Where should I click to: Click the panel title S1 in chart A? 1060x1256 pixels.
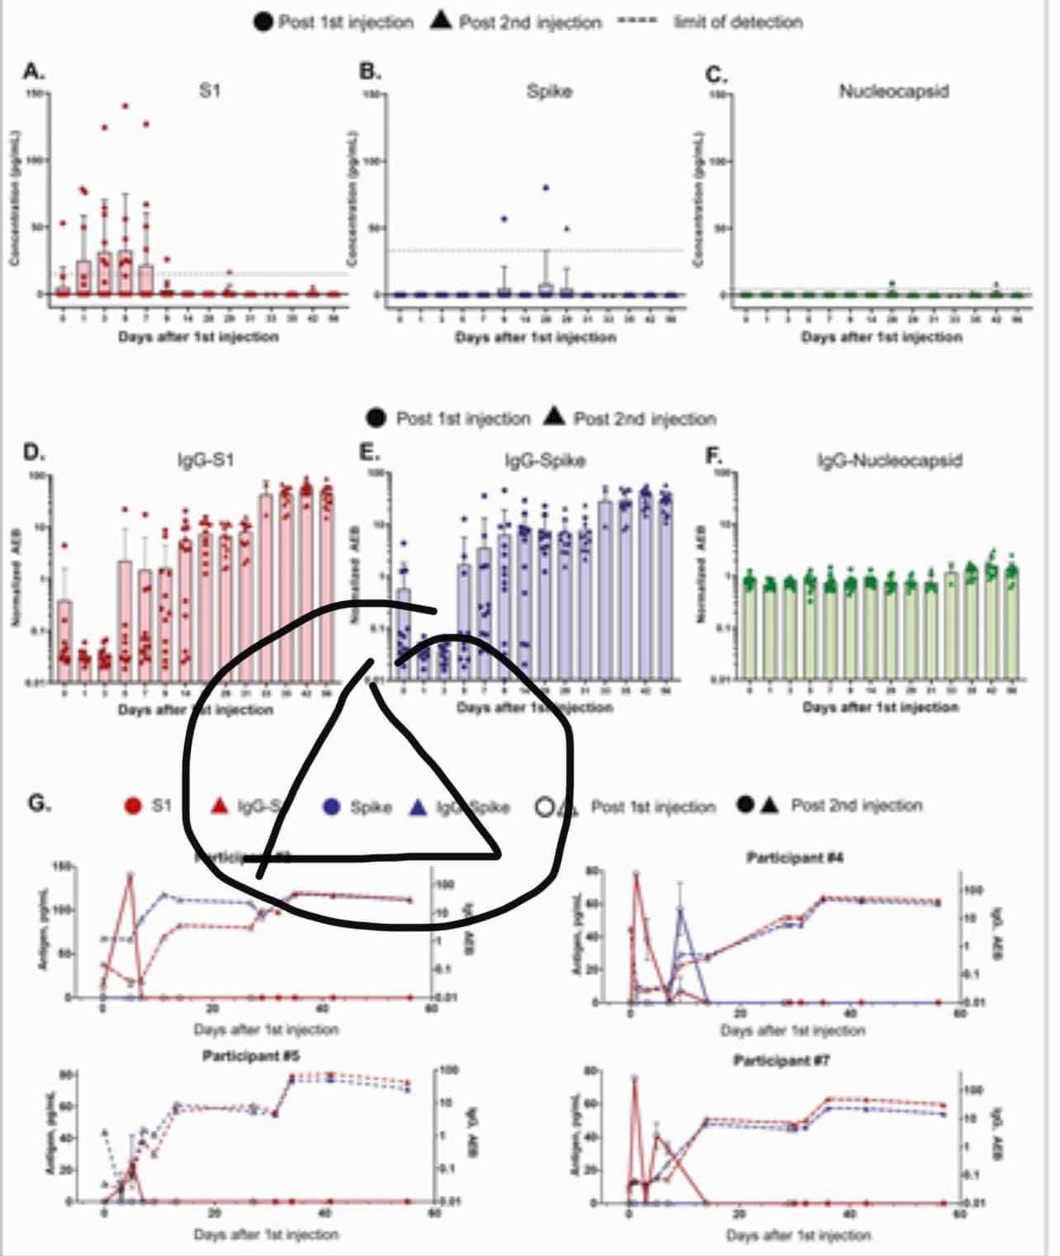pyautogui.click(x=210, y=92)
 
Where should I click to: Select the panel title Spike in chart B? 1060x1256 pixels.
pyautogui.click(x=549, y=92)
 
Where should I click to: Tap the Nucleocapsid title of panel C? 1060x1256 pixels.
pyautogui.click(x=893, y=92)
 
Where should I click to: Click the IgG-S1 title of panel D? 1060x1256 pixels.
pyautogui.click(x=206, y=460)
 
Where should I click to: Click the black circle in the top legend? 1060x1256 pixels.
pyautogui.click(x=263, y=22)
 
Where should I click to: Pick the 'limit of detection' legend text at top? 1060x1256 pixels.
pyautogui.click(x=738, y=22)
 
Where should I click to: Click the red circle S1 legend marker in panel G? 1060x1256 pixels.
pyautogui.click(x=132, y=805)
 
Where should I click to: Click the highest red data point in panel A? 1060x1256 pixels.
pyautogui.click(x=125, y=106)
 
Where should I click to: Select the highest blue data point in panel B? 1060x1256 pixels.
pyautogui.click(x=546, y=187)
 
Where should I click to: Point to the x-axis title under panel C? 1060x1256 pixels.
pyautogui.click(x=882, y=337)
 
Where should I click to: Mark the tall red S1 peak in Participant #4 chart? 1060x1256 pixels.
pyautogui.click(x=636, y=873)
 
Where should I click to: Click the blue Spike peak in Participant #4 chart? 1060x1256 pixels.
pyautogui.click(x=681, y=908)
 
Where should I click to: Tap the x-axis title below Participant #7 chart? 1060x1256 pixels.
pyautogui.click(x=798, y=1235)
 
